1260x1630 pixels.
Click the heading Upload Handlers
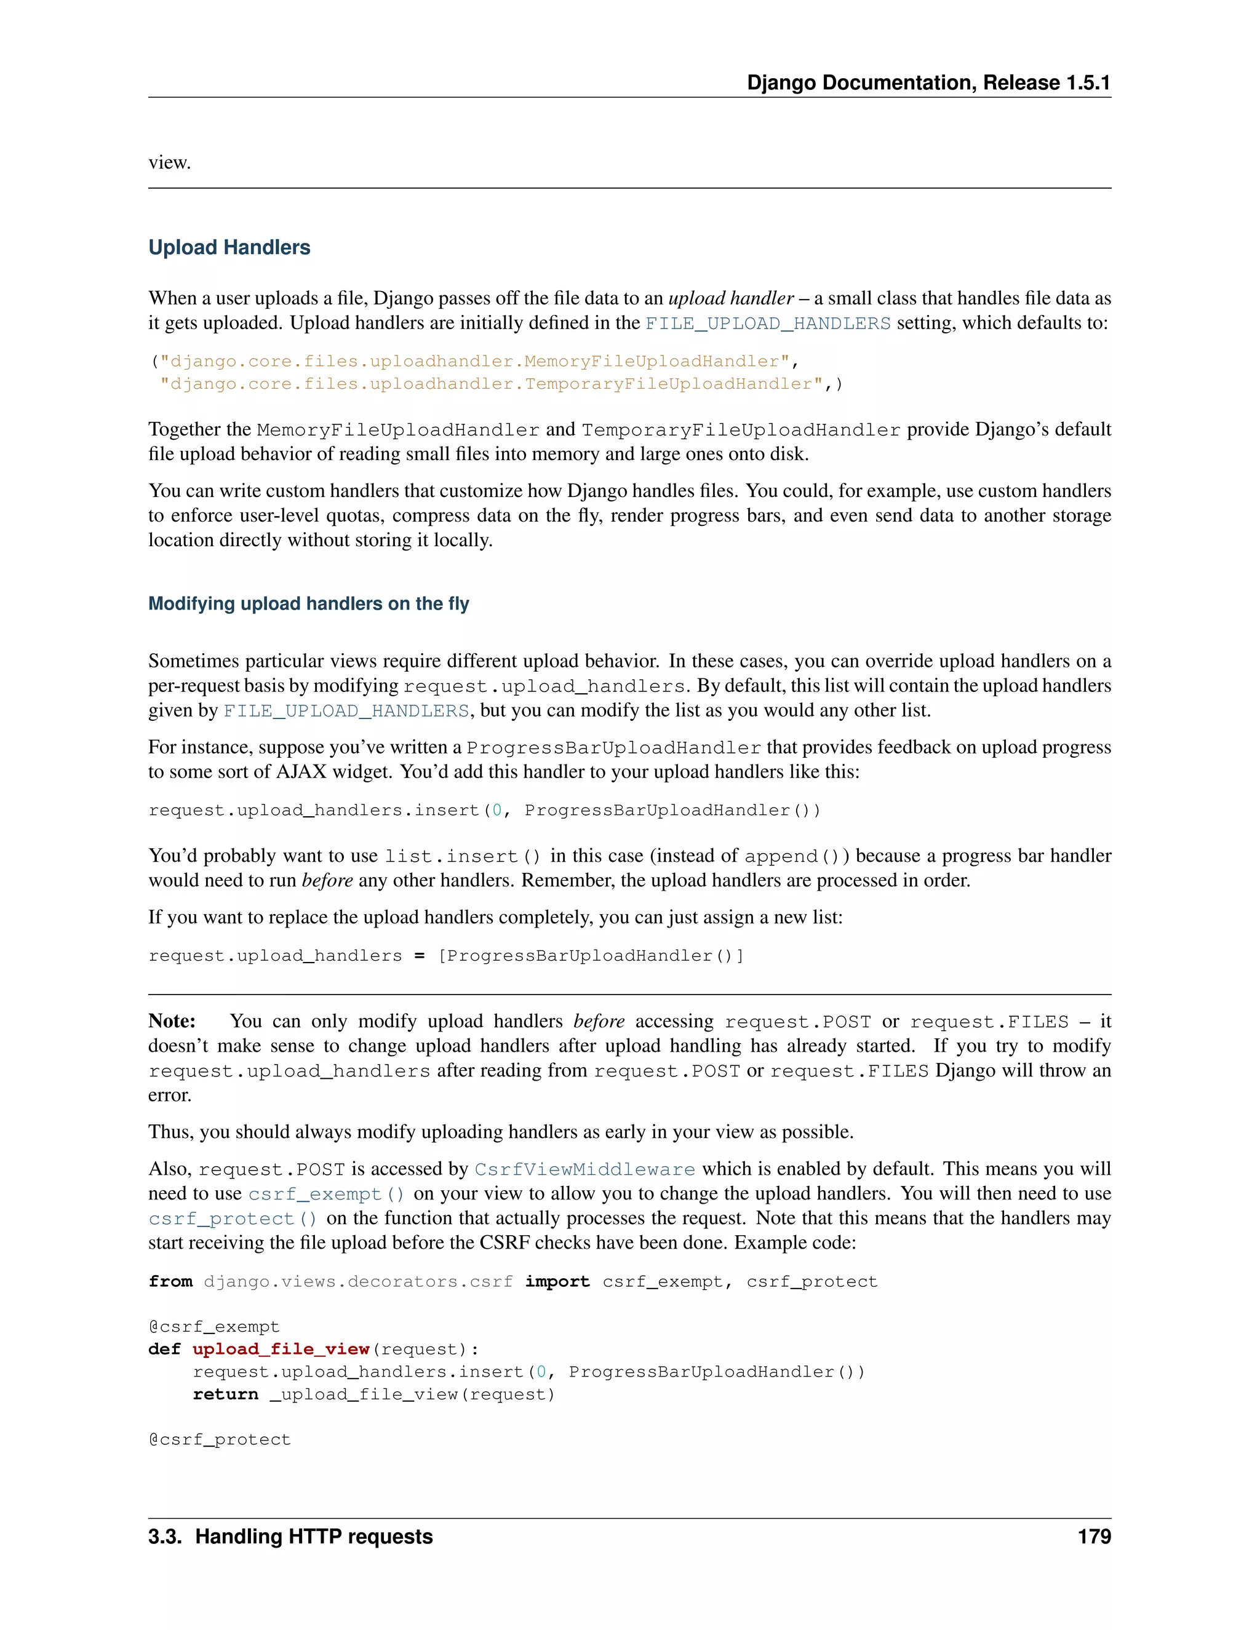click(229, 248)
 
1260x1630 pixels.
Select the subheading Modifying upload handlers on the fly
click(308, 604)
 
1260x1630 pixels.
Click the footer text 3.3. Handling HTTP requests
click(290, 1536)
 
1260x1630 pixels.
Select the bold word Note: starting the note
click(172, 1021)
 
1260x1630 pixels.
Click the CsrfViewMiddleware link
click(584, 1169)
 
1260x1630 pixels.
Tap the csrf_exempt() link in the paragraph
click(326, 1194)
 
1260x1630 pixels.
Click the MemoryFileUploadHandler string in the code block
click(475, 361)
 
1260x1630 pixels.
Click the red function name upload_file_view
click(281, 1349)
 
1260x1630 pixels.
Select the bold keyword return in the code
click(225, 1394)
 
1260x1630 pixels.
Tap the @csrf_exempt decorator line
click(214, 1326)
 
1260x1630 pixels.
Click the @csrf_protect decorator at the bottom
click(220, 1439)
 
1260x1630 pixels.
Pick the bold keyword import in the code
click(557, 1281)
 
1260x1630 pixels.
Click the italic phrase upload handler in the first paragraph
click(731, 298)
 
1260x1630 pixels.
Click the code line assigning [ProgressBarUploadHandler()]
click(445, 955)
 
